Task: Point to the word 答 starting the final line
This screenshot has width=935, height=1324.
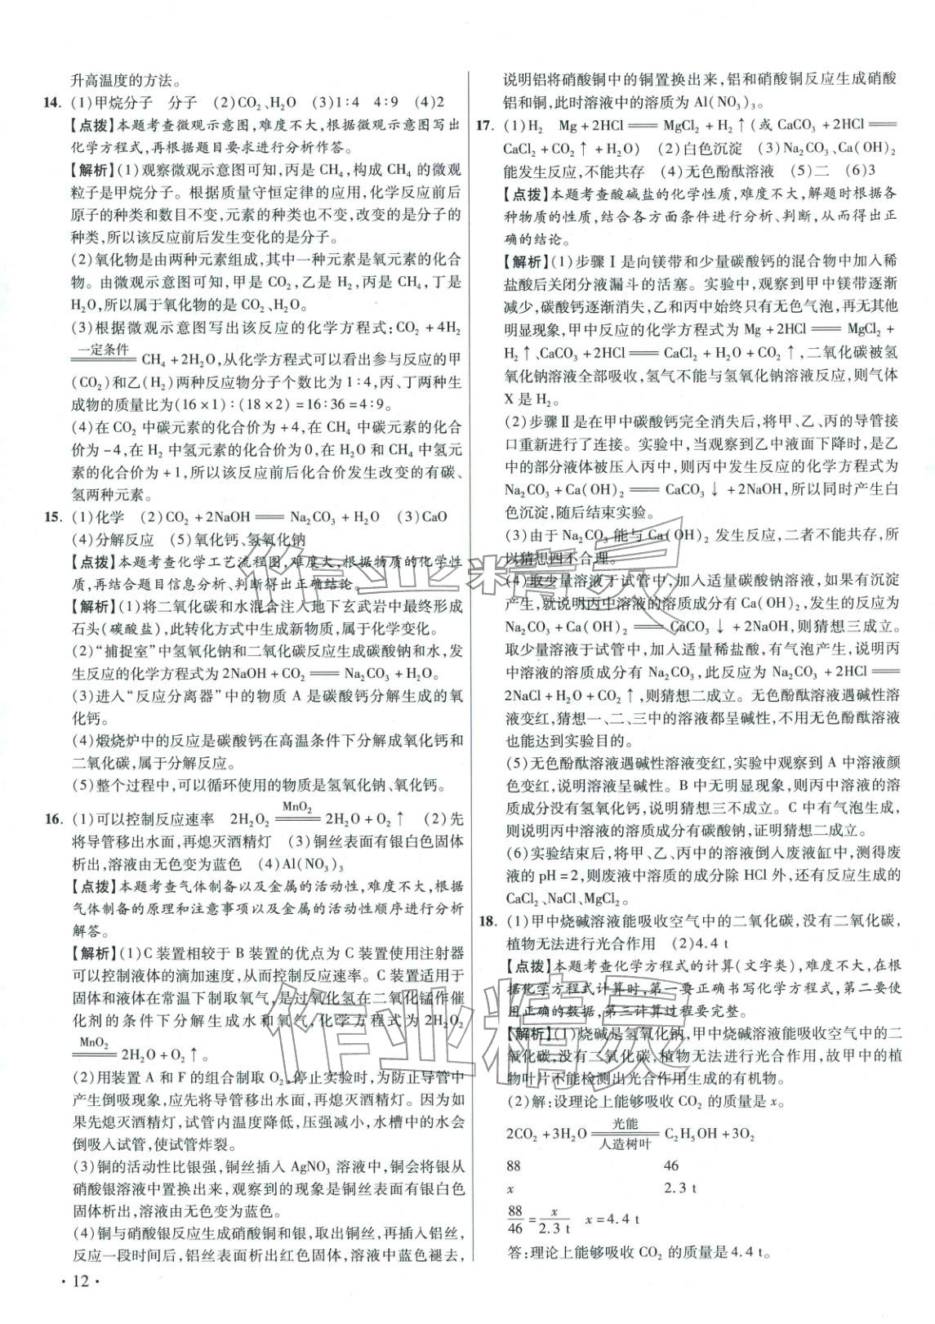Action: pyautogui.click(x=514, y=1251)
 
